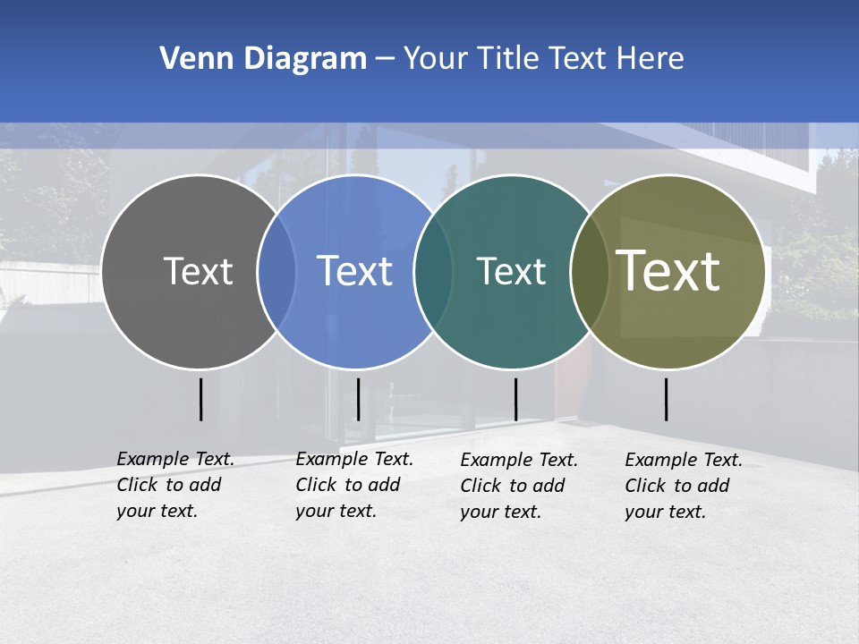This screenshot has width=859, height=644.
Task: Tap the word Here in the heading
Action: pyautogui.click(x=651, y=59)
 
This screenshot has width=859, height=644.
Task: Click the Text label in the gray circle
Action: pyautogui.click(x=198, y=271)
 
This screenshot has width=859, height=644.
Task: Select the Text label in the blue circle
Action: pyautogui.click(x=354, y=271)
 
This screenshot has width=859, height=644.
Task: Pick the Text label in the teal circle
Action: pyautogui.click(x=511, y=271)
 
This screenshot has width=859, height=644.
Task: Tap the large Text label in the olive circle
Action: pyautogui.click(x=668, y=271)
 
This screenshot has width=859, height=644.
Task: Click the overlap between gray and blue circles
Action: pyautogui.click(x=276, y=272)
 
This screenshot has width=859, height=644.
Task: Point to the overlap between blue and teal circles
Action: pyautogui.click(x=433, y=272)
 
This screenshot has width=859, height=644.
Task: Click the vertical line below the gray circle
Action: pyautogui.click(x=200, y=399)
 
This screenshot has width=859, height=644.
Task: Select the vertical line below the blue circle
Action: pyautogui.click(x=358, y=399)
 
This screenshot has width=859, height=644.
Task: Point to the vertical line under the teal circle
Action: pyautogui.click(x=515, y=399)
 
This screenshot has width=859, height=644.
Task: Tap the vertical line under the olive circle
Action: pyautogui.click(x=666, y=399)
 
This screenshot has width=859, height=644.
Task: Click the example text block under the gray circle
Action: pyautogui.click(x=174, y=485)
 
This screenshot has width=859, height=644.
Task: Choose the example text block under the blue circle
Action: pyautogui.click(x=353, y=485)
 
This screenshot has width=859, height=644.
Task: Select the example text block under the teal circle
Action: pyautogui.click(x=518, y=486)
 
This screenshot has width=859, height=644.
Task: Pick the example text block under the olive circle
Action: pyautogui.click(x=683, y=486)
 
